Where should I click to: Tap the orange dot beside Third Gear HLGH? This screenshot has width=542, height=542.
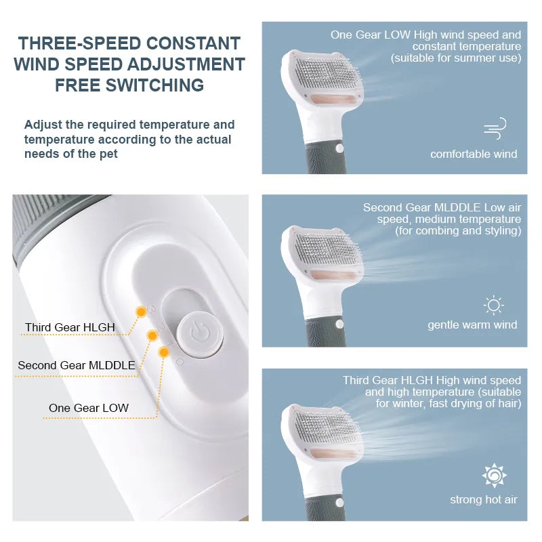(141, 312)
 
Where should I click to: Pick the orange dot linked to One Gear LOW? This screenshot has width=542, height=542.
(163, 352)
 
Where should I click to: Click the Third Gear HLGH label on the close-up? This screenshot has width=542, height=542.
(70, 328)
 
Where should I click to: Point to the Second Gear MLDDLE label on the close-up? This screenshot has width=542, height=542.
(77, 365)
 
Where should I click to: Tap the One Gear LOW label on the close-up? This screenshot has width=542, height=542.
(89, 408)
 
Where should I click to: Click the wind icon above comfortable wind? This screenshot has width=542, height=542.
(495, 128)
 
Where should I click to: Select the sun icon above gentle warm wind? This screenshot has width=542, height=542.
(493, 305)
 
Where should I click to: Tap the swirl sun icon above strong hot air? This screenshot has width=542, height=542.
(494, 476)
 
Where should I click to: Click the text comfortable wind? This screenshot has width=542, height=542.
(474, 154)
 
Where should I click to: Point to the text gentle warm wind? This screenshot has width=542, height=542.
(472, 325)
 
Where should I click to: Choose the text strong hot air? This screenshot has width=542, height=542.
(483, 500)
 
